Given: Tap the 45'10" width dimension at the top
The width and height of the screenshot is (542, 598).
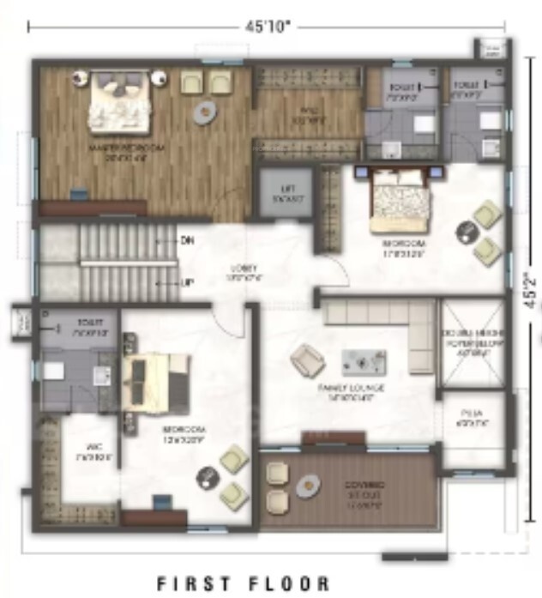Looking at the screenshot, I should point(269,27).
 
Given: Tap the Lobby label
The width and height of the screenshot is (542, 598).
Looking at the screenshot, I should point(240,271).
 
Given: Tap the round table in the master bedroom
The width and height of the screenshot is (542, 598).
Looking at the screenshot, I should point(204,112).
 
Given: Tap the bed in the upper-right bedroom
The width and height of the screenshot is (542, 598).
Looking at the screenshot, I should point(398,203).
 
